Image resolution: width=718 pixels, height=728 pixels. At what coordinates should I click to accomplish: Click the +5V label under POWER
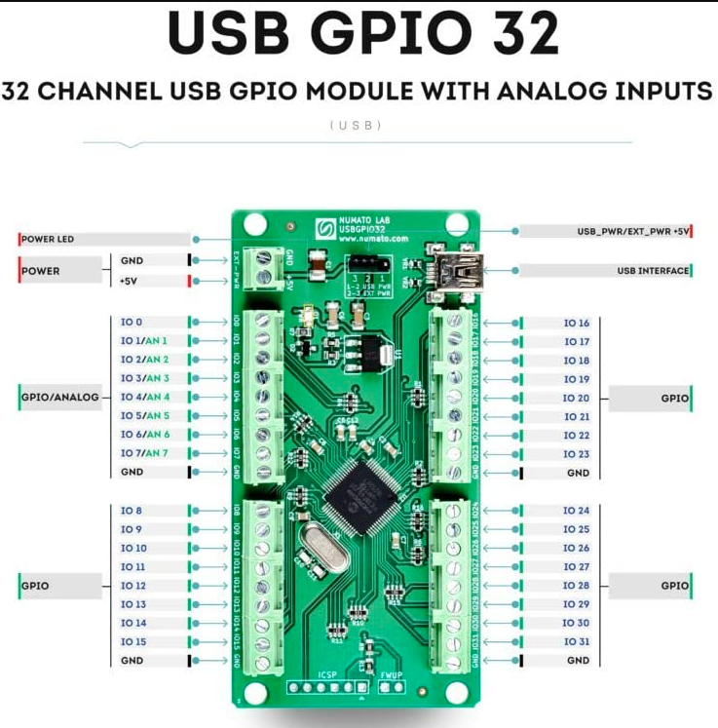click(x=129, y=281)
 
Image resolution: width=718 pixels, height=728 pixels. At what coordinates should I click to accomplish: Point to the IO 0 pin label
click(x=131, y=322)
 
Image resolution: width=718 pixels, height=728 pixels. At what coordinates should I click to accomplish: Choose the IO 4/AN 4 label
click(x=144, y=397)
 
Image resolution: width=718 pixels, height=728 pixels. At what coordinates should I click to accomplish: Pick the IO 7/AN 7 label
click(x=144, y=453)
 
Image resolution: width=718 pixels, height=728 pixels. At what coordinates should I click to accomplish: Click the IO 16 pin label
click(x=577, y=323)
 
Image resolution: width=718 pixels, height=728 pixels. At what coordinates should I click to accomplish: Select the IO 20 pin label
click(x=577, y=398)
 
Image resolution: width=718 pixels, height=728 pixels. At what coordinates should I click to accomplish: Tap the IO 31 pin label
click(x=577, y=641)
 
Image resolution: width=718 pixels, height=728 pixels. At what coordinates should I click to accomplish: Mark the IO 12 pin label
click(x=132, y=586)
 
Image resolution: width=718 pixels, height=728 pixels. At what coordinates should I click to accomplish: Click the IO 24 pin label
click(x=577, y=511)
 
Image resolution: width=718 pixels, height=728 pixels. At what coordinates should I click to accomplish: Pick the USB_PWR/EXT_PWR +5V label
click(x=633, y=231)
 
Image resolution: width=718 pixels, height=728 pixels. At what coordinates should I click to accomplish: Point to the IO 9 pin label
click(x=131, y=529)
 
